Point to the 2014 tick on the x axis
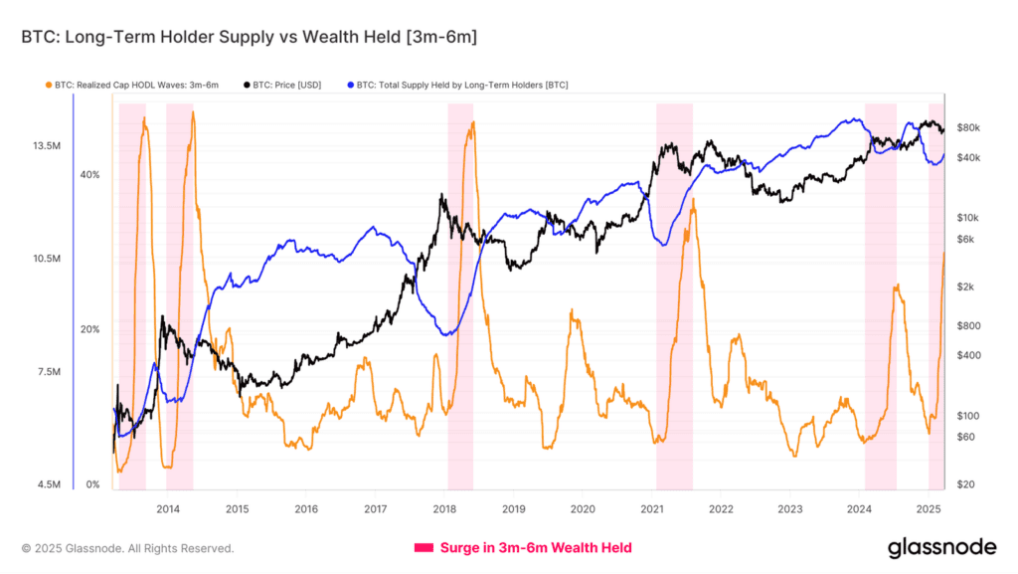168,508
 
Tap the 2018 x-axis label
444,508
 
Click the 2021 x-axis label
652,508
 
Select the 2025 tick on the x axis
929,508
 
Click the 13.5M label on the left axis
48,146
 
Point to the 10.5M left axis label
48,259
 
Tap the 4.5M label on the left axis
48,485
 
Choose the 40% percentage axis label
89,175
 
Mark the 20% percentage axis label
89,329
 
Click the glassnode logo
940,547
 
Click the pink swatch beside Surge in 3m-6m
423,547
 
